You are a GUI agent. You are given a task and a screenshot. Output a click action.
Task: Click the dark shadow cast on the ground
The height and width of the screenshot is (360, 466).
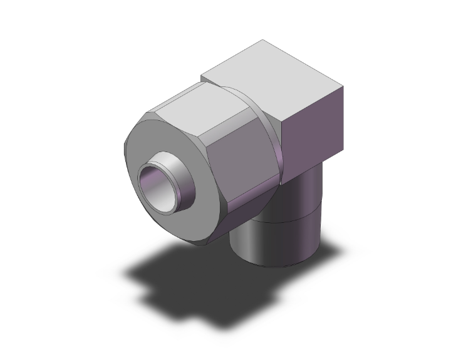tap(182, 282)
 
